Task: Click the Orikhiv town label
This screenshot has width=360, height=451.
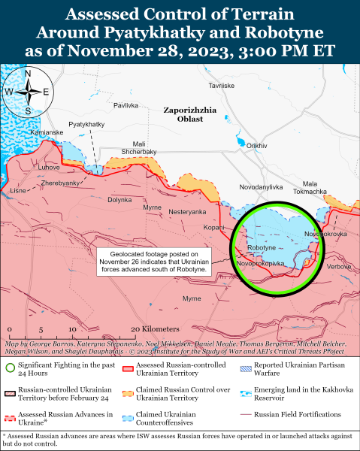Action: pyautogui.click(x=257, y=145)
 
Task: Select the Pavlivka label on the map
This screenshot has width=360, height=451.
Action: pyautogui.click(x=125, y=105)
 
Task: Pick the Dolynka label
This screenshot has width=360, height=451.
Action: pyautogui.click(x=119, y=199)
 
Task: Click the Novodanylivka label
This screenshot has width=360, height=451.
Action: pyautogui.click(x=261, y=186)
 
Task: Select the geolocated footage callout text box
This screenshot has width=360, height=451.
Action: pyautogui.click(x=155, y=262)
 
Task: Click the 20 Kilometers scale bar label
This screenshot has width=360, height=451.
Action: pyautogui.click(x=155, y=329)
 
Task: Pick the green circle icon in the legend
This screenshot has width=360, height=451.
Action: pyautogui.click(x=10, y=368)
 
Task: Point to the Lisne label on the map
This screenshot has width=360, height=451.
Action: pyautogui.click(x=17, y=191)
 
